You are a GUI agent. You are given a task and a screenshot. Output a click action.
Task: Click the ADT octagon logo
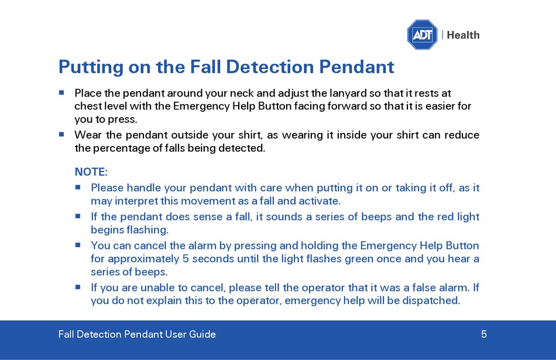point(423,35)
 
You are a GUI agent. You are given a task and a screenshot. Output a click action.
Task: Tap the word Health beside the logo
point(463,35)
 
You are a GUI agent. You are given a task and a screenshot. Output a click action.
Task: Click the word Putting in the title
point(91,67)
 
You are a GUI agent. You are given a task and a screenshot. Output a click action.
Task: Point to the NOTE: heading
point(91,172)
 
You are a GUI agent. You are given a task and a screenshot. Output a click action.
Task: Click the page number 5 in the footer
point(483,334)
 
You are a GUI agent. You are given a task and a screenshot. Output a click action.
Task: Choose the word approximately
point(143,259)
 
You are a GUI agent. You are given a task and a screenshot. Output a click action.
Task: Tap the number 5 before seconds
point(186,259)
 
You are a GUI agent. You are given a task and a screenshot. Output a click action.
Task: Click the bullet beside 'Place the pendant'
point(61,92)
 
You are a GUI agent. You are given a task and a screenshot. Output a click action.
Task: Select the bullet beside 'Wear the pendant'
point(61,135)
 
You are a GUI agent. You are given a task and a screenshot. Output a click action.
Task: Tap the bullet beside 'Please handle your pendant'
point(78,187)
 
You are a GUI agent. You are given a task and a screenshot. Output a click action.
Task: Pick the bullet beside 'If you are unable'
point(78,287)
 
